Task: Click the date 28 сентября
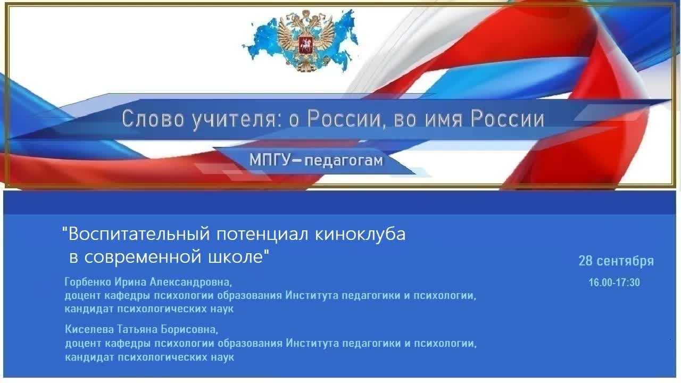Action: pyautogui.click(x=616, y=261)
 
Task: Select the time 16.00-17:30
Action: pyautogui.click(x=614, y=282)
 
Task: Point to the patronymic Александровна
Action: pyautogui.click(x=191, y=281)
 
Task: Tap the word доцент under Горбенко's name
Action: pyautogui.click(x=81, y=296)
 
